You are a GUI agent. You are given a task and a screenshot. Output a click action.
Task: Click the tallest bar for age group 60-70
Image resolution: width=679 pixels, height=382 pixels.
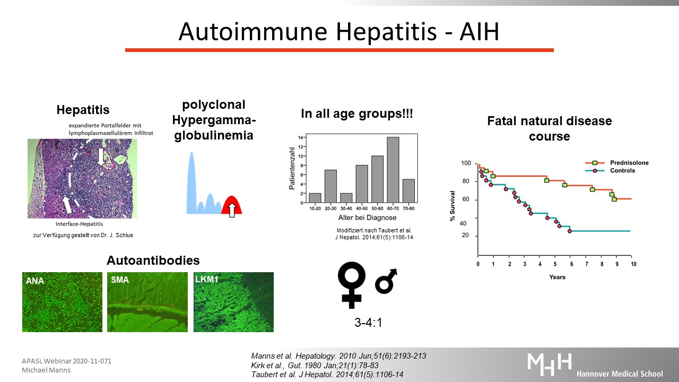coord(393,170)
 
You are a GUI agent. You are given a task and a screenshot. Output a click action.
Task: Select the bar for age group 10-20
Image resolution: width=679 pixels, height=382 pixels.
coord(315,198)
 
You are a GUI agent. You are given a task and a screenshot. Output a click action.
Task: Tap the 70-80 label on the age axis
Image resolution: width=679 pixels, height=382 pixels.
coord(408,209)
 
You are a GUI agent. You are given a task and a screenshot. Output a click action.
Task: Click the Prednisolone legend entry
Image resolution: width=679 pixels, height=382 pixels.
coord(616,163)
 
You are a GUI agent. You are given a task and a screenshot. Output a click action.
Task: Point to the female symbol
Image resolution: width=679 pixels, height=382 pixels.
coord(352,285)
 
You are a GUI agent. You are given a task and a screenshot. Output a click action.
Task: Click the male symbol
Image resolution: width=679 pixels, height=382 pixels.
coord(386,281)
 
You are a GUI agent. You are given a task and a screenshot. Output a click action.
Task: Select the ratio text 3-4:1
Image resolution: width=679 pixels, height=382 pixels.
coord(368,323)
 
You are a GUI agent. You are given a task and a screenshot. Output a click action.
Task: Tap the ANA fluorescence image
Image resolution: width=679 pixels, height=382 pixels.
coord(62,302)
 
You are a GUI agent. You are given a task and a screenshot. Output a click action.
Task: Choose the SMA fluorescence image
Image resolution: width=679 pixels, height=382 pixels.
coord(147,302)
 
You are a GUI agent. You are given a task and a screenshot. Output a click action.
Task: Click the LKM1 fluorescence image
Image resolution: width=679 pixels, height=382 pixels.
coord(234,302)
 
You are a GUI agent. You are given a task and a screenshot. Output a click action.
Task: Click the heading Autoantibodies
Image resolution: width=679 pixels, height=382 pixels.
coord(153,261)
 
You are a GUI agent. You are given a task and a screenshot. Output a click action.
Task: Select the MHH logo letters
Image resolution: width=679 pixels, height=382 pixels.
coord(549,364)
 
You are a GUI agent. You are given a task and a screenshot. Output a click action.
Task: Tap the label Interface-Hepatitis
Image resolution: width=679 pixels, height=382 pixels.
coord(80,224)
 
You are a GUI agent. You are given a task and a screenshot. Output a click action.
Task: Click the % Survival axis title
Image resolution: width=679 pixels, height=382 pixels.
coord(452,206)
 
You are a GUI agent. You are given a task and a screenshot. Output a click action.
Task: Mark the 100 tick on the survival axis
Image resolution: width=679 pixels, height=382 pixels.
coord(466,163)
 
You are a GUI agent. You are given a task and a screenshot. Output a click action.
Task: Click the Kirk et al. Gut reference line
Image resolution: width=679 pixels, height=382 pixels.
coord(315,366)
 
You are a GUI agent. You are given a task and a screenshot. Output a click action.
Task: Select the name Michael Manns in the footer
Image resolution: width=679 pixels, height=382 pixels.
coord(46,370)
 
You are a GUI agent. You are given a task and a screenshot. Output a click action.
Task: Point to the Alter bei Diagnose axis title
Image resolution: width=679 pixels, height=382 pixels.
coord(368,218)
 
